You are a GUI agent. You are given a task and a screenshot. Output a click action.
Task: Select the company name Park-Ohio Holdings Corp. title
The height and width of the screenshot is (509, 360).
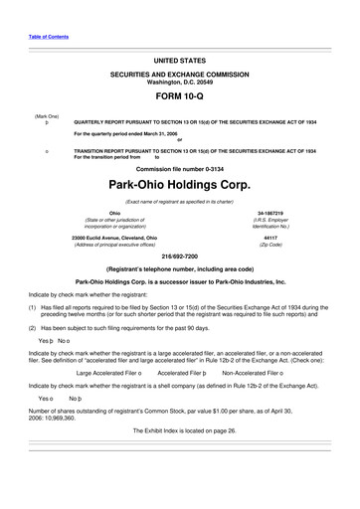[x=179, y=186]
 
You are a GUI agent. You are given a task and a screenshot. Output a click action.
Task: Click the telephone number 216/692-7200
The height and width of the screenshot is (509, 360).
[x=179, y=256]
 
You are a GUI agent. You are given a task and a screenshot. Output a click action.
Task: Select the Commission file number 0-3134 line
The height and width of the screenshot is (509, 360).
[x=179, y=167]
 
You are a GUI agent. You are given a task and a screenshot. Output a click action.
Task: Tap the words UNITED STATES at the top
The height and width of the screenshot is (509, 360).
[x=179, y=61]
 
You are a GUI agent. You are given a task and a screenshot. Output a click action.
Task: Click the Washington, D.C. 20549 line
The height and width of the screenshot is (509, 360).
[x=179, y=80]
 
